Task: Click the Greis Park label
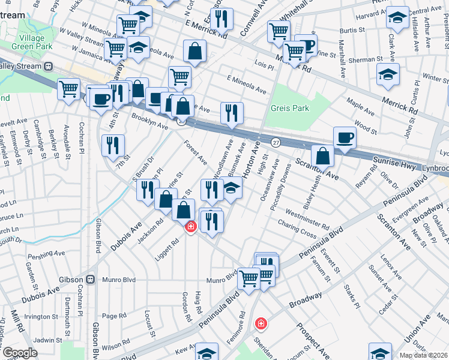(x=289, y=109)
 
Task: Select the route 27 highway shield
(x=276, y=142)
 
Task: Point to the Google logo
(x=20, y=353)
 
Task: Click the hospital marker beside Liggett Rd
(x=191, y=227)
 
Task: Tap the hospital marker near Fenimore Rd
(x=261, y=323)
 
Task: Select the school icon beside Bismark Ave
(x=232, y=188)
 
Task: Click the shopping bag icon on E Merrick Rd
(x=194, y=52)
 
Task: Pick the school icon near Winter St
(x=388, y=75)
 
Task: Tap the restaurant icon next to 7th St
(x=112, y=145)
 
